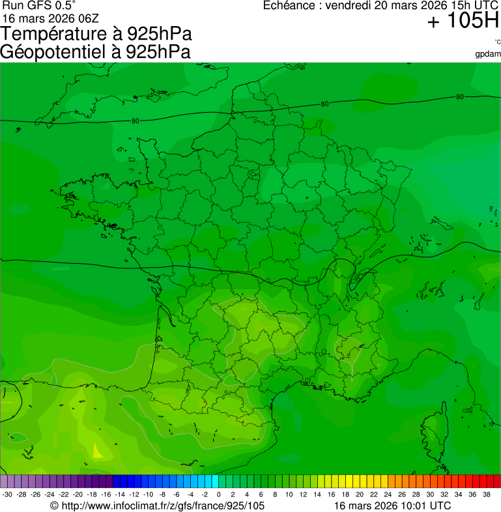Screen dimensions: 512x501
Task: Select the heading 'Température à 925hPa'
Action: tap(96, 33)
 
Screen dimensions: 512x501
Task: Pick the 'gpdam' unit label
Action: tap(488, 53)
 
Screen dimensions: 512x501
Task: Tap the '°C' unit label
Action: tap(497, 42)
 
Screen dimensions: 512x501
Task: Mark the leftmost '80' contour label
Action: tap(136, 121)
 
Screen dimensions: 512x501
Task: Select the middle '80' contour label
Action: tap(324, 104)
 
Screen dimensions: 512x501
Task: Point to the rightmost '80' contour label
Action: tap(460, 97)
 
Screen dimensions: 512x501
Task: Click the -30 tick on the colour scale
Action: tap(8, 494)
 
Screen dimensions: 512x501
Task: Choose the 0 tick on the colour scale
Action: tap(218, 494)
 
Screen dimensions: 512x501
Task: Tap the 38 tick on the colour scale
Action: tap(487, 494)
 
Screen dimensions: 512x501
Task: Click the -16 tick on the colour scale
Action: tap(106, 494)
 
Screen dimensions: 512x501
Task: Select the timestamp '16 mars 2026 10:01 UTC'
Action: tap(392, 505)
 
